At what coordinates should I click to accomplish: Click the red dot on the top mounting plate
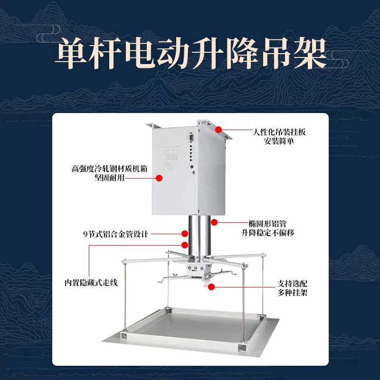pyautogui.click(x=219, y=129)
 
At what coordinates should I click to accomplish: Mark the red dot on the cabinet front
pyautogui.click(x=160, y=178)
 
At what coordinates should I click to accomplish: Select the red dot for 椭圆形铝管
pyautogui.click(x=214, y=222)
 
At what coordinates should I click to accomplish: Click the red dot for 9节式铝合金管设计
pyautogui.click(x=184, y=233)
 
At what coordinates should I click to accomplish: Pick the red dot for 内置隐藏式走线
pyautogui.click(x=185, y=245)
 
